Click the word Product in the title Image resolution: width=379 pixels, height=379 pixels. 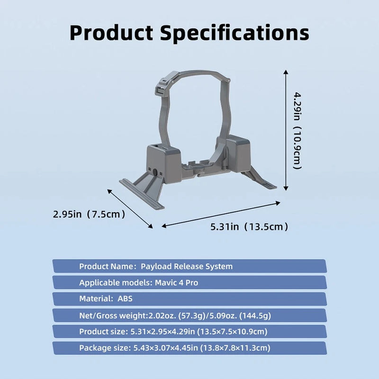[111, 33]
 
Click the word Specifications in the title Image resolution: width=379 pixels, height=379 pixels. [235, 33]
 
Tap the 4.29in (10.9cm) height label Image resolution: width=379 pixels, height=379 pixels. [297, 131]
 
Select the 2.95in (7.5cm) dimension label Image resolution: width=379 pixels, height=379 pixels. [89, 214]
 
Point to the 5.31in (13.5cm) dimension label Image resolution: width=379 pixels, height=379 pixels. [249, 227]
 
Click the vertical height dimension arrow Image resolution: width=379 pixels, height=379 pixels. [286, 130]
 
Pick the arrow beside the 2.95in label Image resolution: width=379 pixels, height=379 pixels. [130, 209]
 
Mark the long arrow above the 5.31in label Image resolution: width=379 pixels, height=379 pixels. [221, 215]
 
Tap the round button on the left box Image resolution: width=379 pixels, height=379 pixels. [155, 172]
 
